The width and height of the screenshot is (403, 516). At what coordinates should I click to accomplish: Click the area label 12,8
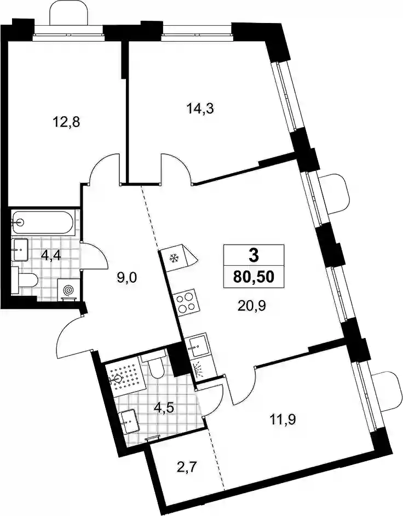[66, 122]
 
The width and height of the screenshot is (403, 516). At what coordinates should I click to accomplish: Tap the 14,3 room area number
[200, 108]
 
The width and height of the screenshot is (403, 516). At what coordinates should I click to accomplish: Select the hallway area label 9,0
[126, 278]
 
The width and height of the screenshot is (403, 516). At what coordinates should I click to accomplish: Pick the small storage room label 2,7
[187, 467]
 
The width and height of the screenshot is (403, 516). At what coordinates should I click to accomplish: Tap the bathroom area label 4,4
[51, 255]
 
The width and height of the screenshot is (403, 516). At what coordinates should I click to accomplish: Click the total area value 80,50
[254, 277]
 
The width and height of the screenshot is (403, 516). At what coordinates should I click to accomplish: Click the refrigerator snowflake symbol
[174, 259]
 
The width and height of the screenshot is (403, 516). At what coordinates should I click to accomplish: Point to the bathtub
[43, 223]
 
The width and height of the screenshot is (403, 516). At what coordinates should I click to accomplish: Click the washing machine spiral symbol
[69, 290]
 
